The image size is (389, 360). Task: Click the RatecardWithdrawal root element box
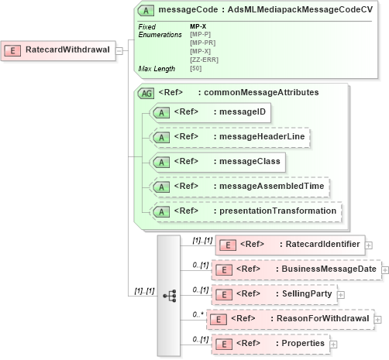pyautogui.click(x=58, y=50)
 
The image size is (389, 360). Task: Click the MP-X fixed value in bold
pyautogui.click(x=198, y=27)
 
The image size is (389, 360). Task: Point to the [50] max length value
pyautogui.click(x=196, y=69)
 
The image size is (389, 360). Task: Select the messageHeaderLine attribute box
pyautogui.click(x=231, y=137)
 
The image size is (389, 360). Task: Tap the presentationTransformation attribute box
pyautogui.click(x=245, y=211)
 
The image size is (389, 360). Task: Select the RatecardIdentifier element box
pyautogui.click(x=289, y=245)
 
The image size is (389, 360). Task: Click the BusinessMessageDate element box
pyautogui.click(x=294, y=269)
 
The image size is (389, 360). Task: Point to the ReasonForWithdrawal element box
pyautogui.click(x=289, y=319)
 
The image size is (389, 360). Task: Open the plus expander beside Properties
pyautogui.click(x=333, y=344)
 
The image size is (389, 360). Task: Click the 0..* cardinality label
pyautogui.click(x=198, y=314)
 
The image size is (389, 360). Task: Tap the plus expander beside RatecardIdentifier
pyautogui.click(x=368, y=245)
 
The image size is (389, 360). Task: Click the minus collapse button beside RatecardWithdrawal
pyautogui.click(x=119, y=50)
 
